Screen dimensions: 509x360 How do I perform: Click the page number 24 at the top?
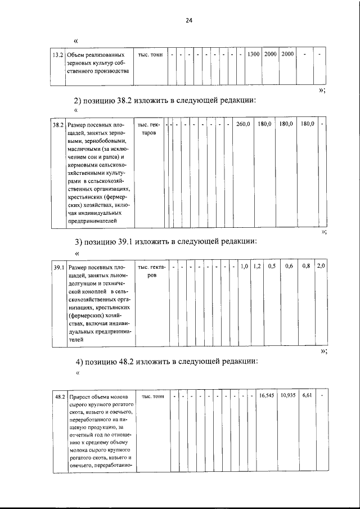point(189,20)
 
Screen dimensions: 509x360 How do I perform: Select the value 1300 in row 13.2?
point(253,55)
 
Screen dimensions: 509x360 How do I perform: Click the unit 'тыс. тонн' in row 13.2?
point(150,55)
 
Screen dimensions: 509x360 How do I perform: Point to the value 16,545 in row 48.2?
point(267,396)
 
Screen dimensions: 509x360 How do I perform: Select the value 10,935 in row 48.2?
point(289,396)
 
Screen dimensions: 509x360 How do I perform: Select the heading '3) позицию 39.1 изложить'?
point(166,242)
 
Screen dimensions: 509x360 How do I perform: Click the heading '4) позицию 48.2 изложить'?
point(166,361)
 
